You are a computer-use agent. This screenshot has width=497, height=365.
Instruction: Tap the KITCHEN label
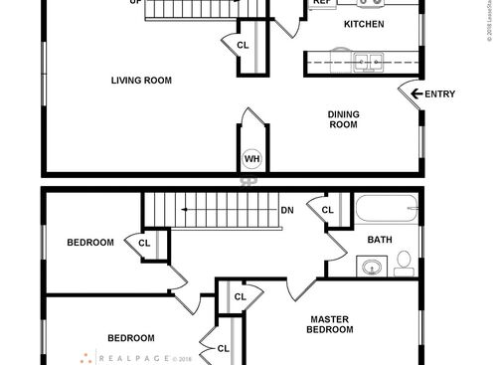pos(364,23)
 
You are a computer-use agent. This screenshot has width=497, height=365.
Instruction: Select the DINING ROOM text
pos(343,119)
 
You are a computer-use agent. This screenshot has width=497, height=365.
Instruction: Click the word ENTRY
pos(439,94)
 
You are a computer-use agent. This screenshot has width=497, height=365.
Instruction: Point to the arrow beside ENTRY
pos(415,94)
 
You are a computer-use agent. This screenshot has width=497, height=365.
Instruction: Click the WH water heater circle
pos(251,159)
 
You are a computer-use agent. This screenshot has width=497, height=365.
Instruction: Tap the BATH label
pos(380,240)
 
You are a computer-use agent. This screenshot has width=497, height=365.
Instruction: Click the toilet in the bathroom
pos(404,263)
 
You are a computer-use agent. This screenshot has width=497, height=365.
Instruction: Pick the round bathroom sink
pos(372,267)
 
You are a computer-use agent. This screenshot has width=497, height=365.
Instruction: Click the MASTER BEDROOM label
pos(329,324)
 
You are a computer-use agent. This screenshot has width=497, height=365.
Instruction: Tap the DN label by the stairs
pos(286,210)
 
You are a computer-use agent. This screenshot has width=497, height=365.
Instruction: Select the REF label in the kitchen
pos(321,3)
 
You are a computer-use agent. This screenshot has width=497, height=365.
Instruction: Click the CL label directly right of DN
pos(326,210)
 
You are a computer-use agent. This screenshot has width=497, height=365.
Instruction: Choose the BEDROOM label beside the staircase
pos(90,242)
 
